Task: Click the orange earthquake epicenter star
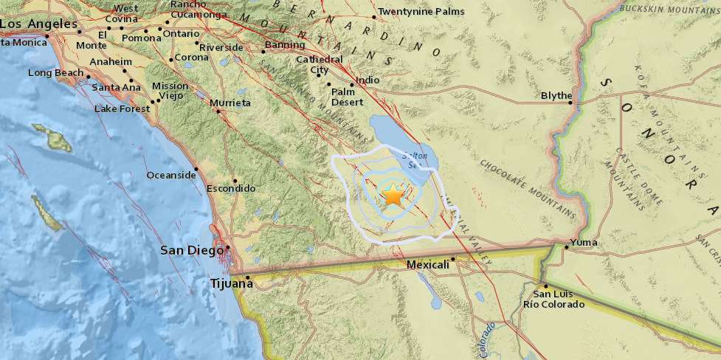(393, 195)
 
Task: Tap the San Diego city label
(192, 251)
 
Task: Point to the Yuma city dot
(565, 247)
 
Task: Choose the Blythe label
(556, 96)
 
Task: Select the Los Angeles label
(38, 24)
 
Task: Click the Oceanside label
(171, 175)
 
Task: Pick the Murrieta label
(230, 103)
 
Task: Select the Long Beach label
(56, 72)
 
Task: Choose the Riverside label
(221, 47)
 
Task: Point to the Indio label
(368, 80)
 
